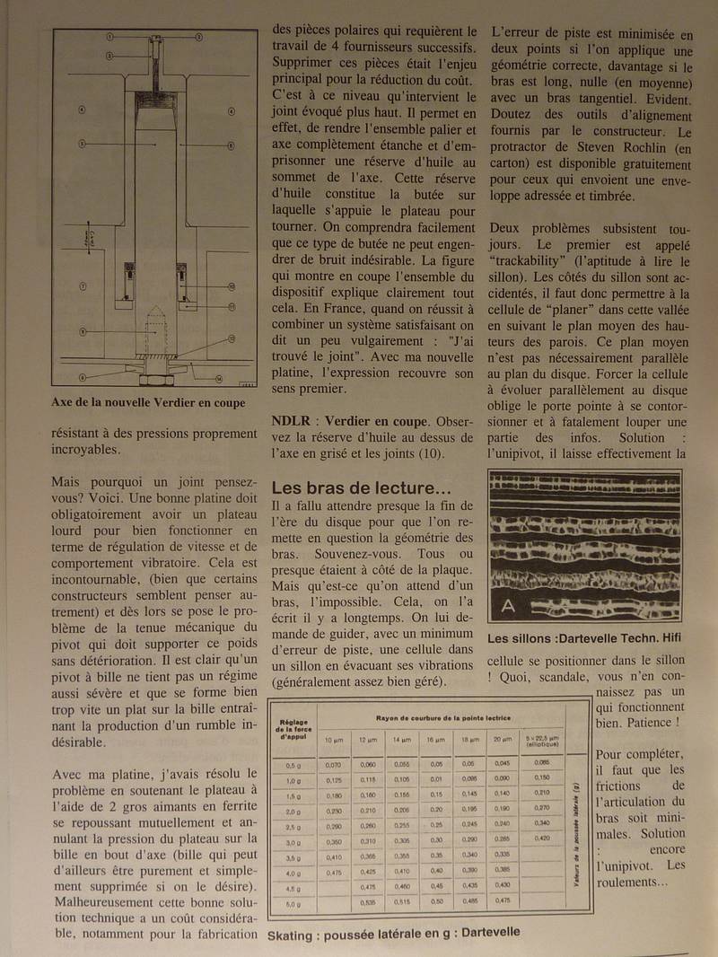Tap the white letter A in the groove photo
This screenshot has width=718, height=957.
point(508,607)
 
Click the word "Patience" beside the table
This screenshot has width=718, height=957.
point(641,723)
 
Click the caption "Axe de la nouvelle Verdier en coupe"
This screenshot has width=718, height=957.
point(148,403)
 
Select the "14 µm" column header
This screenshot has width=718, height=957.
point(398,740)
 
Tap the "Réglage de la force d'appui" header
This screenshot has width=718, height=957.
point(293,732)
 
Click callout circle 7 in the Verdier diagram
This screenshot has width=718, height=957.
point(82,286)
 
